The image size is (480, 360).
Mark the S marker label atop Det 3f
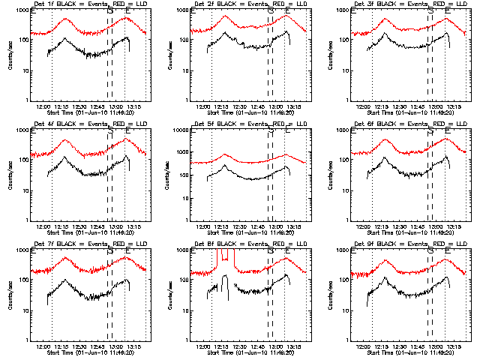[430, 11]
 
